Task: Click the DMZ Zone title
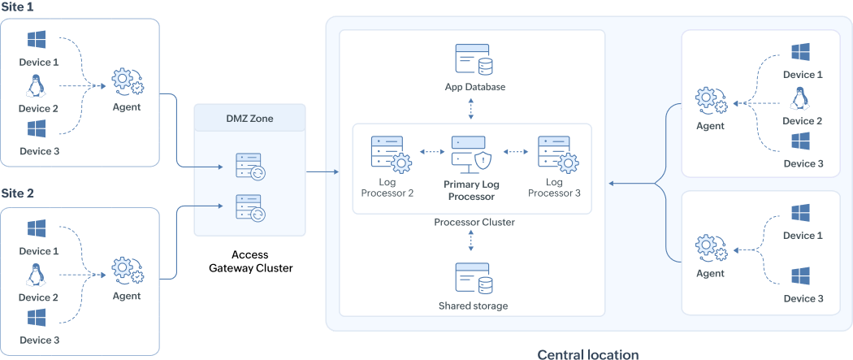tap(250, 119)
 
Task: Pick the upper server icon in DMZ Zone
tap(250, 166)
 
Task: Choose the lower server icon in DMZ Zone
tap(250, 208)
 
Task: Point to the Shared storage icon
tap(472, 280)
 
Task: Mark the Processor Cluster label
tap(474, 222)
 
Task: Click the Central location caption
tap(587, 354)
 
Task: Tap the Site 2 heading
tap(18, 194)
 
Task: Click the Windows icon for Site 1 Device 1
tap(36, 40)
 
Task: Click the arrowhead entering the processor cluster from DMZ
tap(335, 171)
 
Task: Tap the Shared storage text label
tap(473, 306)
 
